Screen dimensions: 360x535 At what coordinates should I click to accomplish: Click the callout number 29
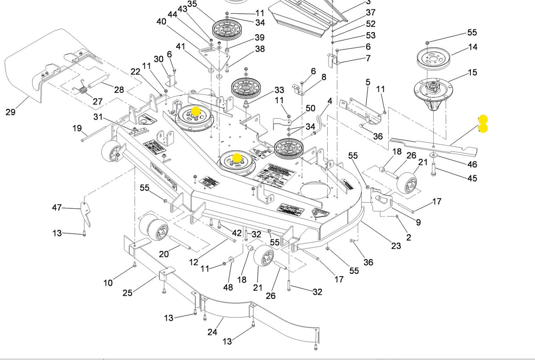[11, 112]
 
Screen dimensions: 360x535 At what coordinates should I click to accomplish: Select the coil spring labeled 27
[83, 91]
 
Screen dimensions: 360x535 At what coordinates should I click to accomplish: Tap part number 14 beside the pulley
[473, 47]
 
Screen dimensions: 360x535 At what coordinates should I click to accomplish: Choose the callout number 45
[472, 178]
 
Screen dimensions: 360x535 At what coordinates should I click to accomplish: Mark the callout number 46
[472, 165]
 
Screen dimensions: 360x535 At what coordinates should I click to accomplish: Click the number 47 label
[57, 207]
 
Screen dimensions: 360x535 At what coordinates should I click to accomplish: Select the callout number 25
[128, 293]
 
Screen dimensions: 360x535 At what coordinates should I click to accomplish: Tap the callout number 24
[212, 332]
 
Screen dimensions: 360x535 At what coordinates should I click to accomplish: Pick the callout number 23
[396, 245]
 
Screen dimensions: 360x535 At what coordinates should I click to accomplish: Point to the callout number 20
[164, 254]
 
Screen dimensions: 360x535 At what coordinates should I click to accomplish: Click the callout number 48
[228, 287]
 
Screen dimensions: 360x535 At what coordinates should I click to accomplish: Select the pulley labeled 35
[226, 30]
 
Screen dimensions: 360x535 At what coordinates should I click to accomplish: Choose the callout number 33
[279, 91]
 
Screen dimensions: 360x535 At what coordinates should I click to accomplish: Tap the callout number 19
[77, 128]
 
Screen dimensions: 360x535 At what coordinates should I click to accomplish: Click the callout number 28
[119, 90]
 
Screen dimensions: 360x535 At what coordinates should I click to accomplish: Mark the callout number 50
[310, 108]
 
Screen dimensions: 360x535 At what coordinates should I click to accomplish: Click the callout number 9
[418, 222]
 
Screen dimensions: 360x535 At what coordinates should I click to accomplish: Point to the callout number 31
[98, 117]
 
